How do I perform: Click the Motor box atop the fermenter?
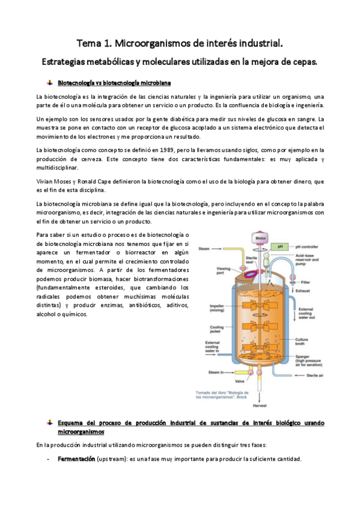tap(260, 238)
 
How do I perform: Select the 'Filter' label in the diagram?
tap(306, 281)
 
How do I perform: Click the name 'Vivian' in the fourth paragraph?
tap(46, 181)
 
